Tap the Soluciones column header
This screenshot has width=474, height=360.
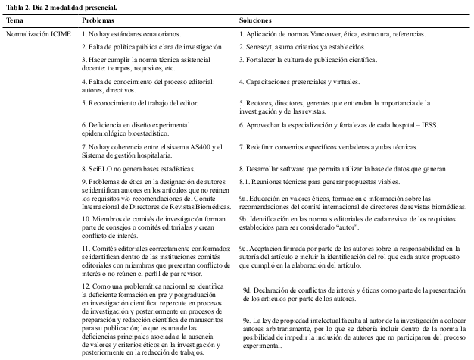(256, 20)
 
